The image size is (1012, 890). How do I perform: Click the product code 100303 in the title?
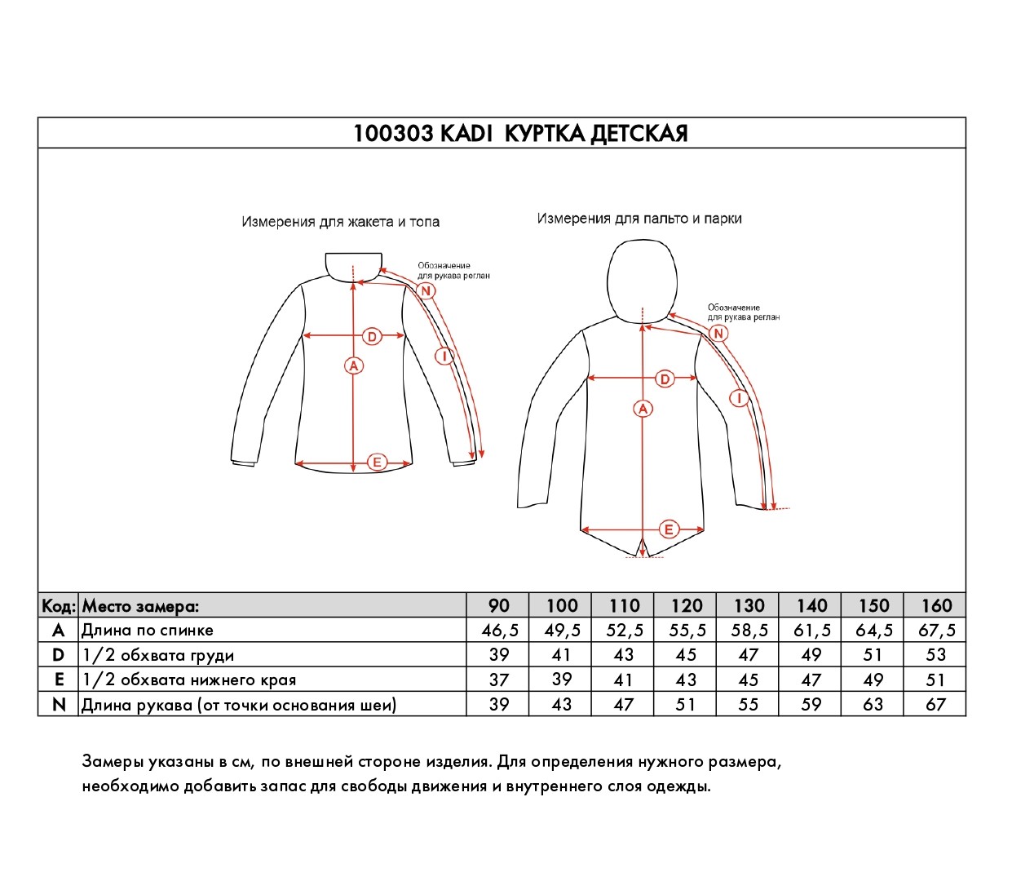point(393,134)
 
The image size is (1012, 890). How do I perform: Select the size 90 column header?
point(498,605)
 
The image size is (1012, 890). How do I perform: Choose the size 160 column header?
point(936,605)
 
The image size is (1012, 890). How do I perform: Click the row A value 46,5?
point(500,630)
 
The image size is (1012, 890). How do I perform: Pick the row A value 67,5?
point(936,630)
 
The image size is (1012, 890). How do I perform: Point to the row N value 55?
point(749,704)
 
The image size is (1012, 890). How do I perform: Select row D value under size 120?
point(686,655)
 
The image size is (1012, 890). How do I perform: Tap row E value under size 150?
point(873,680)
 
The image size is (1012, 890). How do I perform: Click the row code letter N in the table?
point(59,704)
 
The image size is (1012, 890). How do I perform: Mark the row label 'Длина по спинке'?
point(148,630)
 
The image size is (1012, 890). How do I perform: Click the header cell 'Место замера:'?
point(140,606)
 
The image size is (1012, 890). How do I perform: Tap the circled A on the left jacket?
point(353,365)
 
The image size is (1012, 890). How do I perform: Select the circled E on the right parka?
point(669,529)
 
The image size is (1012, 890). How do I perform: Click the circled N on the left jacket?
point(425,290)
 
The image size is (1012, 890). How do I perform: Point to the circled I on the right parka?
point(739,398)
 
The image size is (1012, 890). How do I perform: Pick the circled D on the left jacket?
point(372,336)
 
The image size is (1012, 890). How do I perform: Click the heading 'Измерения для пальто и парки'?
point(639,219)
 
